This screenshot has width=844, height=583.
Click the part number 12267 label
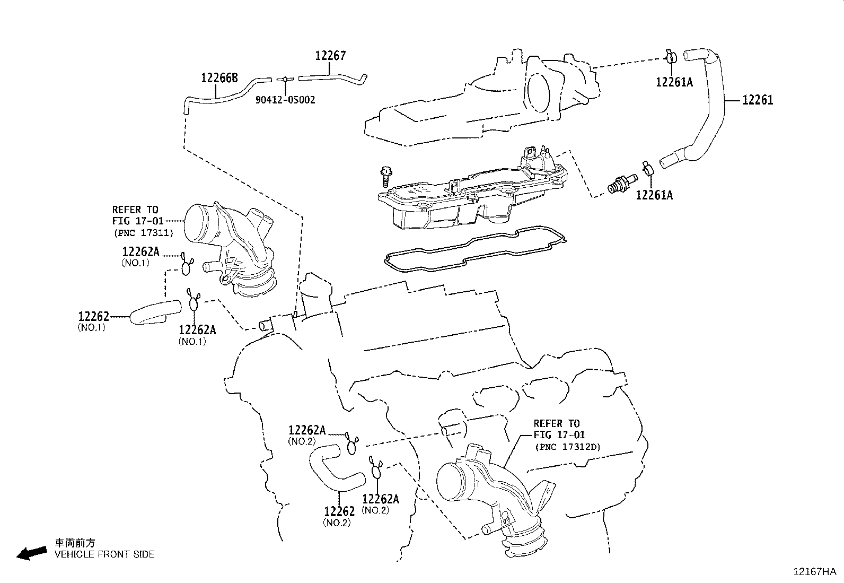pos(330,56)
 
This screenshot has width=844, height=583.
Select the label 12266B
pos(219,79)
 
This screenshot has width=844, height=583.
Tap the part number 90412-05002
pos(285,100)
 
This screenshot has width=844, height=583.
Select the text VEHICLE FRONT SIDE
pos(104,554)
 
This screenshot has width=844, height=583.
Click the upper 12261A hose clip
pos(671,57)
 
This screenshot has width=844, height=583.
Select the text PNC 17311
pos(143,232)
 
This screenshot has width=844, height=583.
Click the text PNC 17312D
pos(567,447)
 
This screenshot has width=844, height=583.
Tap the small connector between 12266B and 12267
pos(285,79)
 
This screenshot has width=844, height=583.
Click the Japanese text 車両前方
pos(75,543)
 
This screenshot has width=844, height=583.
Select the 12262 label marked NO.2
pos(339,511)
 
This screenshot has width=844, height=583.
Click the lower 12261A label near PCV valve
pos(654,195)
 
